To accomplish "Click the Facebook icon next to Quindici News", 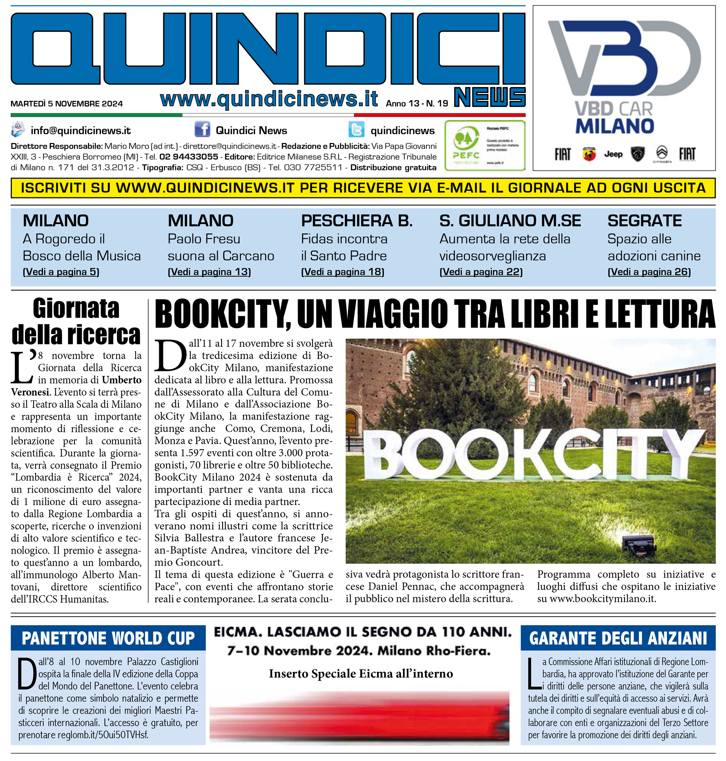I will click(x=202, y=129).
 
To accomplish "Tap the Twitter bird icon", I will click(x=356, y=129).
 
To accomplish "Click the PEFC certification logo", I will click(x=485, y=146).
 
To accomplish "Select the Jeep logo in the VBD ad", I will click(x=613, y=154).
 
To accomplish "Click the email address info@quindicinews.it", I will click(x=81, y=131).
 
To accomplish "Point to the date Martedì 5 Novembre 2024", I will click(x=66, y=104).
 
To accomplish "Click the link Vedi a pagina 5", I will click(x=61, y=272).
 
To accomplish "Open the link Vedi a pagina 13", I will click(x=209, y=272).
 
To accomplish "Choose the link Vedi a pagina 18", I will click(x=342, y=272).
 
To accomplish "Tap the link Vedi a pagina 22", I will click(x=481, y=272).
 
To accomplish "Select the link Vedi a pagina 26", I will click(x=649, y=272).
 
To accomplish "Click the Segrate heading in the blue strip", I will click(x=644, y=221).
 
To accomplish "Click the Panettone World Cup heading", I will click(x=108, y=638).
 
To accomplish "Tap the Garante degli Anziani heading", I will click(x=618, y=638).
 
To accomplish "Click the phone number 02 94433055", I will click(x=189, y=157).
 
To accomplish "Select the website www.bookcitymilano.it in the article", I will click(x=602, y=599).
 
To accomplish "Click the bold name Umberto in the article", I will click(x=122, y=380).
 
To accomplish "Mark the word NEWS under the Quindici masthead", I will click(x=490, y=97).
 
